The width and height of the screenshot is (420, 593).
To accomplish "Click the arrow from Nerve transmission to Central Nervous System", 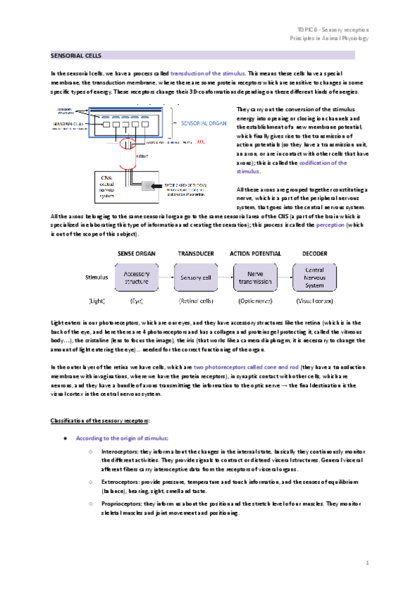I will point(285,278).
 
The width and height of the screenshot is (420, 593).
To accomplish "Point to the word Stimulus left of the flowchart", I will point(94,278).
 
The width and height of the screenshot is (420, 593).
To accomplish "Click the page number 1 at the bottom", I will point(367,562).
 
